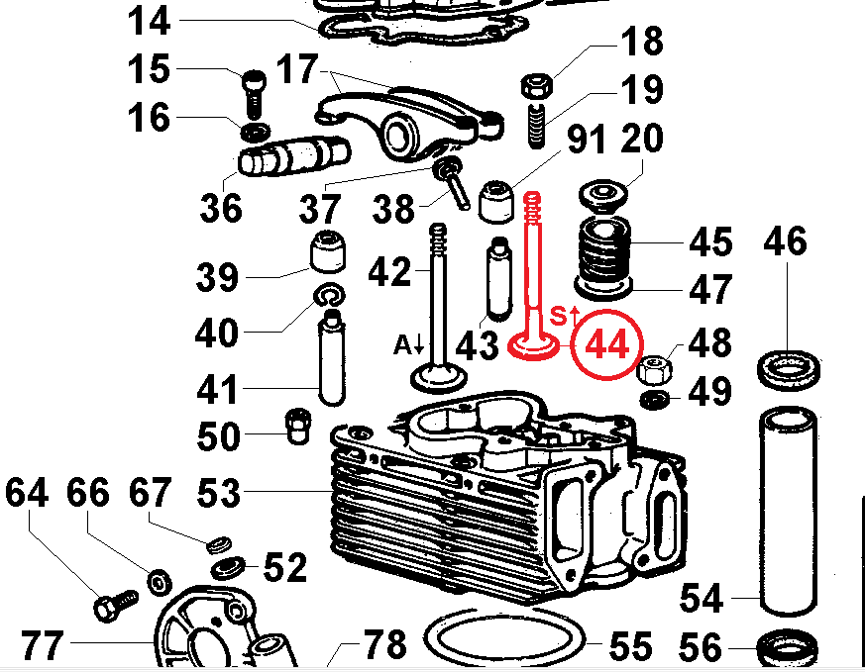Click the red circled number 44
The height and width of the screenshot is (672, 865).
coord(606,345)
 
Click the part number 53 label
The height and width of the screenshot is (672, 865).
coord(219,491)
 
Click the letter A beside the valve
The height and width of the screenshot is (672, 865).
coord(402,344)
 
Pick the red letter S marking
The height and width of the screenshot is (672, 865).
coord(558,317)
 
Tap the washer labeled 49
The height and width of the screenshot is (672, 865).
coord(653,400)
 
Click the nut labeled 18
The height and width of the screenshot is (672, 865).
coord(536,87)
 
